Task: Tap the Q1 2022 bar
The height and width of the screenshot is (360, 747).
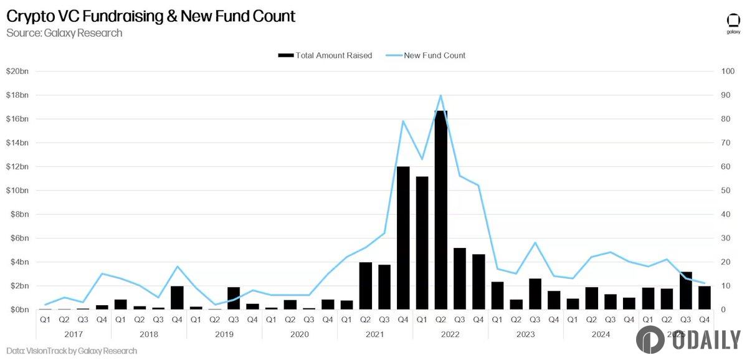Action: [x=422, y=243]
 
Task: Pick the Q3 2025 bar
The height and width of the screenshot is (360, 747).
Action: [x=685, y=290]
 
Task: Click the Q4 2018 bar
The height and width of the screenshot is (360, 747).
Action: [x=177, y=298]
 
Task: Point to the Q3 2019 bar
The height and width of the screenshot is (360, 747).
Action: [x=234, y=298]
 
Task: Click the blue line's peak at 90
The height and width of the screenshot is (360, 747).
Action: [x=441, y=95]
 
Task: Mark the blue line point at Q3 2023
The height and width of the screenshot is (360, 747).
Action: [x=535, y=242]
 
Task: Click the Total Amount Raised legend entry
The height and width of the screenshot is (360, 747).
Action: [x=325, y=55]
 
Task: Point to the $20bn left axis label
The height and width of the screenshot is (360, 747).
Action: [x=17, y=72]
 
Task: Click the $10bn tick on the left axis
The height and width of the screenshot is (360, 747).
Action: [x=17, y=191]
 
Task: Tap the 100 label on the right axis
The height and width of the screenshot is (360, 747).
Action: [x=728, y=72]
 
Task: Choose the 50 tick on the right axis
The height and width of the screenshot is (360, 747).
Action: [x=726, y=191]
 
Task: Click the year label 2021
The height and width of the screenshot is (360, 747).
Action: [x=374, y=334]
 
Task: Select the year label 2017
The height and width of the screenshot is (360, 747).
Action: [x=74, y=334]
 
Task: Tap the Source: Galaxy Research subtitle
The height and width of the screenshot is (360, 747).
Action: [x=64, y=33]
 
